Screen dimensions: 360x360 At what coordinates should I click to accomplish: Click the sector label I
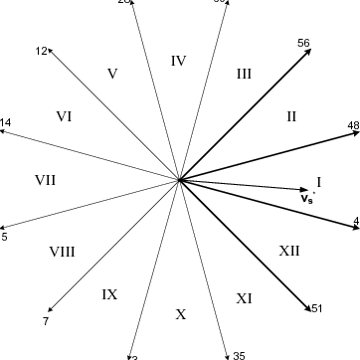click(x=319, y=181)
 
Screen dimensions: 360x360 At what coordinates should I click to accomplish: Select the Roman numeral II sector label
click(x=291, y=116)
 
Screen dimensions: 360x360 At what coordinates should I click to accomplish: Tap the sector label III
click(x=244, y=73)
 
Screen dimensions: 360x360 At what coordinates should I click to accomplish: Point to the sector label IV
click(x=179, y=61)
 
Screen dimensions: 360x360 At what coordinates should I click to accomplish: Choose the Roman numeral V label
click(x=112, y=74)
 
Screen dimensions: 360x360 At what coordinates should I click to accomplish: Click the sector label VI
click(x=64, y=116)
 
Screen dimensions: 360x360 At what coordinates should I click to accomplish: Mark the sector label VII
click(x=45, y=180)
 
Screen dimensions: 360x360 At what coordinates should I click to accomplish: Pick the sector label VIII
click(x=62, y=252)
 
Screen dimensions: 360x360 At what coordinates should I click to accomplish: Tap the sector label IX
click(x=109, y=294)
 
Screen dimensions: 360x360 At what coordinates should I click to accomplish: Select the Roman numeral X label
click(x=180, y=314)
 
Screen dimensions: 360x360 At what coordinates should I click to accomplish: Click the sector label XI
click(x=245, y=297)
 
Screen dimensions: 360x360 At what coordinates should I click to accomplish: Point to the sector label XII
click(x=289, y=251)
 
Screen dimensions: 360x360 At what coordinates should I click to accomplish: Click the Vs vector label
click(x=307, y=198)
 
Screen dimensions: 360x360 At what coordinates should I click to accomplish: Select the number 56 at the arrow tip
click(x=303, y=44)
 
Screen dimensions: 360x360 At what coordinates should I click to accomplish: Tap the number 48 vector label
click(x=353, y=125)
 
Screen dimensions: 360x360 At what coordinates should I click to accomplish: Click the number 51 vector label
click(x=317, y=308)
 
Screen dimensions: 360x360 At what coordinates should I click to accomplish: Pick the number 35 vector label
click(x=238, y=355)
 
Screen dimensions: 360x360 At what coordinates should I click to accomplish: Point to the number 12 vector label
click(x=41, y=50)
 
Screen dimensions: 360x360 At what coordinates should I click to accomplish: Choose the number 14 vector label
click(x=6, y=122)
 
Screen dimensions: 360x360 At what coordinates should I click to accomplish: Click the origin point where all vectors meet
click(x=179, y=180)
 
